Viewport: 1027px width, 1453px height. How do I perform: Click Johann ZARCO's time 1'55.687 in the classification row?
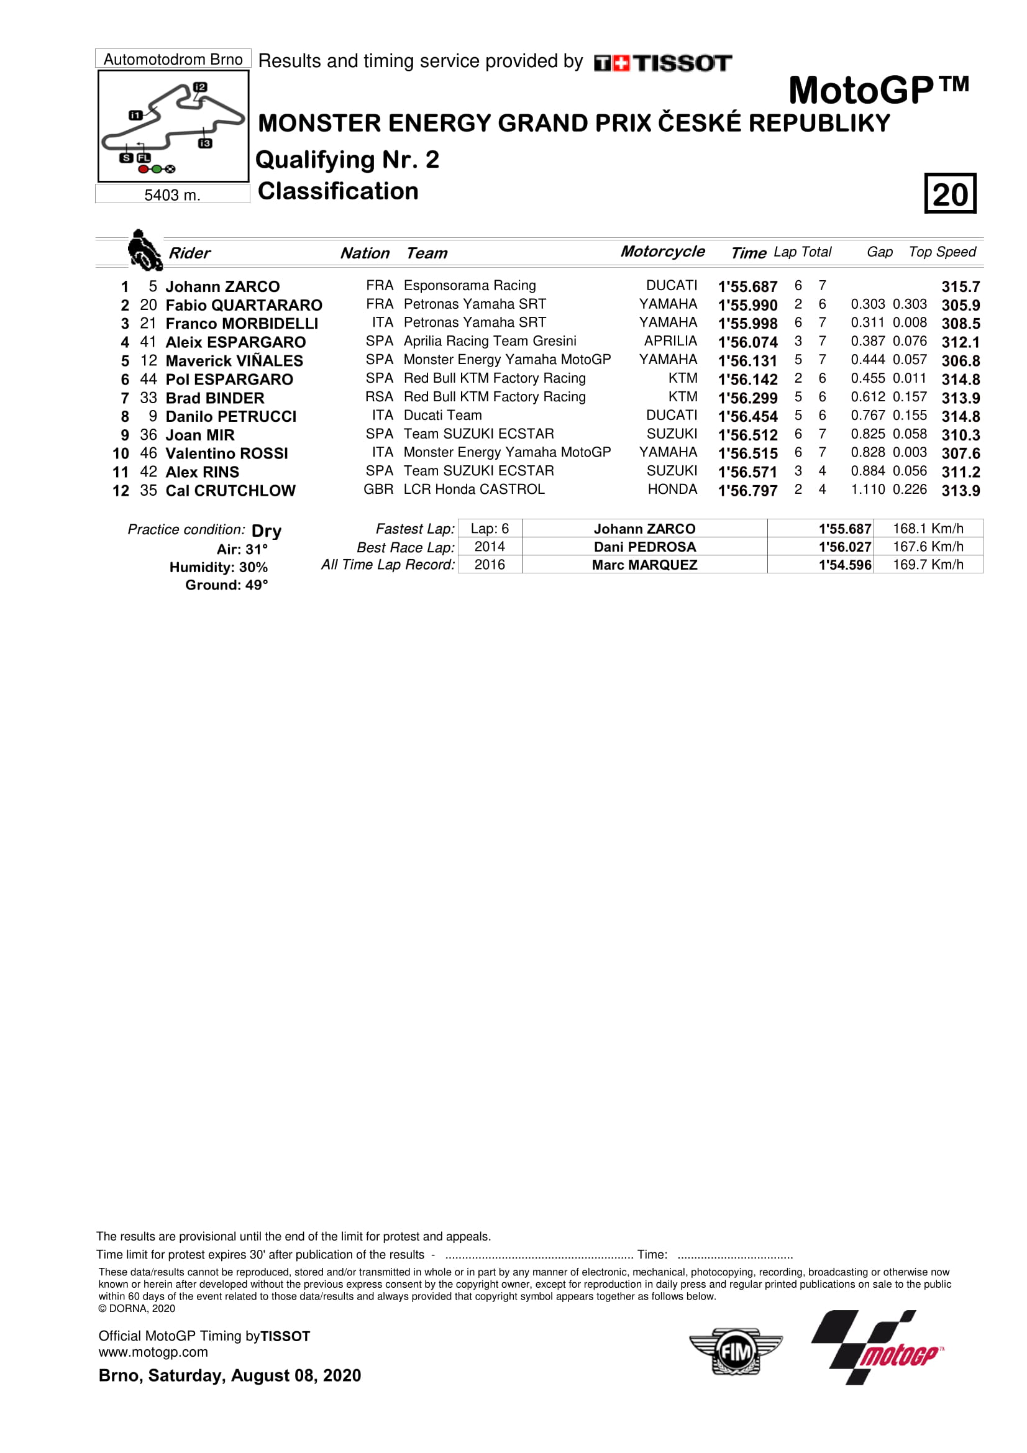coord(747,286)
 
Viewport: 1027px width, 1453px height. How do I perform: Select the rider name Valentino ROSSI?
coord(227,453)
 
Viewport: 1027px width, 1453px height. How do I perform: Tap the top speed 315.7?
coord(960,286)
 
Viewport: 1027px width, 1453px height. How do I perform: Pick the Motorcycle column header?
coord(662,251)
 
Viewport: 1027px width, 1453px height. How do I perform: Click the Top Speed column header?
coord(942,252)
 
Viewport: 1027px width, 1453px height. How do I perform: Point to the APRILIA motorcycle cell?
coord(670,341)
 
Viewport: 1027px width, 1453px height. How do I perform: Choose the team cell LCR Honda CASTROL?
coord(474,489)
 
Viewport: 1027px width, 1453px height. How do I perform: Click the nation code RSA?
coord(379,397)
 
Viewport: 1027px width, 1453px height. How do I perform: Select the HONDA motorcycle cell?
coord(672,489)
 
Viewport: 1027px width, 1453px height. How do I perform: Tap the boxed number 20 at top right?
coord(950,194)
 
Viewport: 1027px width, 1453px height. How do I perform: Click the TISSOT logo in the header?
coord(662,63)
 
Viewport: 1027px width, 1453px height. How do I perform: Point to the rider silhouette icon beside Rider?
coord(144,250)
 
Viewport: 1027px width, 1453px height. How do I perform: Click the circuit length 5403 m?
coord(172,195)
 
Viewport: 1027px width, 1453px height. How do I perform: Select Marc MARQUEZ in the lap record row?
coord(644,565)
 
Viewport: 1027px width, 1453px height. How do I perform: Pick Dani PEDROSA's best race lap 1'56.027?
coord(844,547)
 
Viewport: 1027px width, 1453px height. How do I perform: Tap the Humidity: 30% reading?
coord(218,567)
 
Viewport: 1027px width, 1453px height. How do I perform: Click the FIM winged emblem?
coord(735,1352)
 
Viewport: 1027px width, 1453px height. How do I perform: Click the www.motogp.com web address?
coord(153,1352)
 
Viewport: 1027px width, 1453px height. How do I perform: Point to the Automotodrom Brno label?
coord(173,60)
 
